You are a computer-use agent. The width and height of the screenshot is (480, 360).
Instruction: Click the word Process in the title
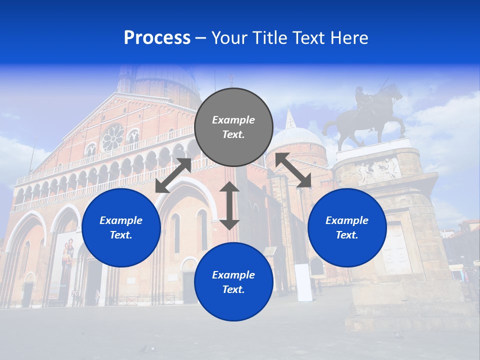click(x=157, y=38)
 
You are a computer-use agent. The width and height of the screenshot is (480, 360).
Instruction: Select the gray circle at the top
click(x=233, y=127)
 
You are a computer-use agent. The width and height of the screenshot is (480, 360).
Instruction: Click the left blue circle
click(x=121, y=227)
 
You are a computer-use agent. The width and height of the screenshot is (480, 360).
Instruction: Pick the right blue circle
click(x=347, y=227)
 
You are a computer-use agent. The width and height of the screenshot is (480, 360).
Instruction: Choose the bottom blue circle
click(x=233, y=282)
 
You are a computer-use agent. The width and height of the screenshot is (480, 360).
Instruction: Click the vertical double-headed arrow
click(x=229, y=205)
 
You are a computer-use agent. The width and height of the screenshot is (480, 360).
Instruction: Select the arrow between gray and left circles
click(x=173, y=175)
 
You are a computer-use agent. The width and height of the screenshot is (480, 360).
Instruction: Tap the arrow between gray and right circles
click(x=293, y=170)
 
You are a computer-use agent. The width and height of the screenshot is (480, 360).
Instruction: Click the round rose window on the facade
click(x=112, y=138)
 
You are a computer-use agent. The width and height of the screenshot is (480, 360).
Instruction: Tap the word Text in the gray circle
click(x=233, y=134)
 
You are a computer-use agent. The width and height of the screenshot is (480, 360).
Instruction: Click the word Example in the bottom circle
click(x=233, y=275)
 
